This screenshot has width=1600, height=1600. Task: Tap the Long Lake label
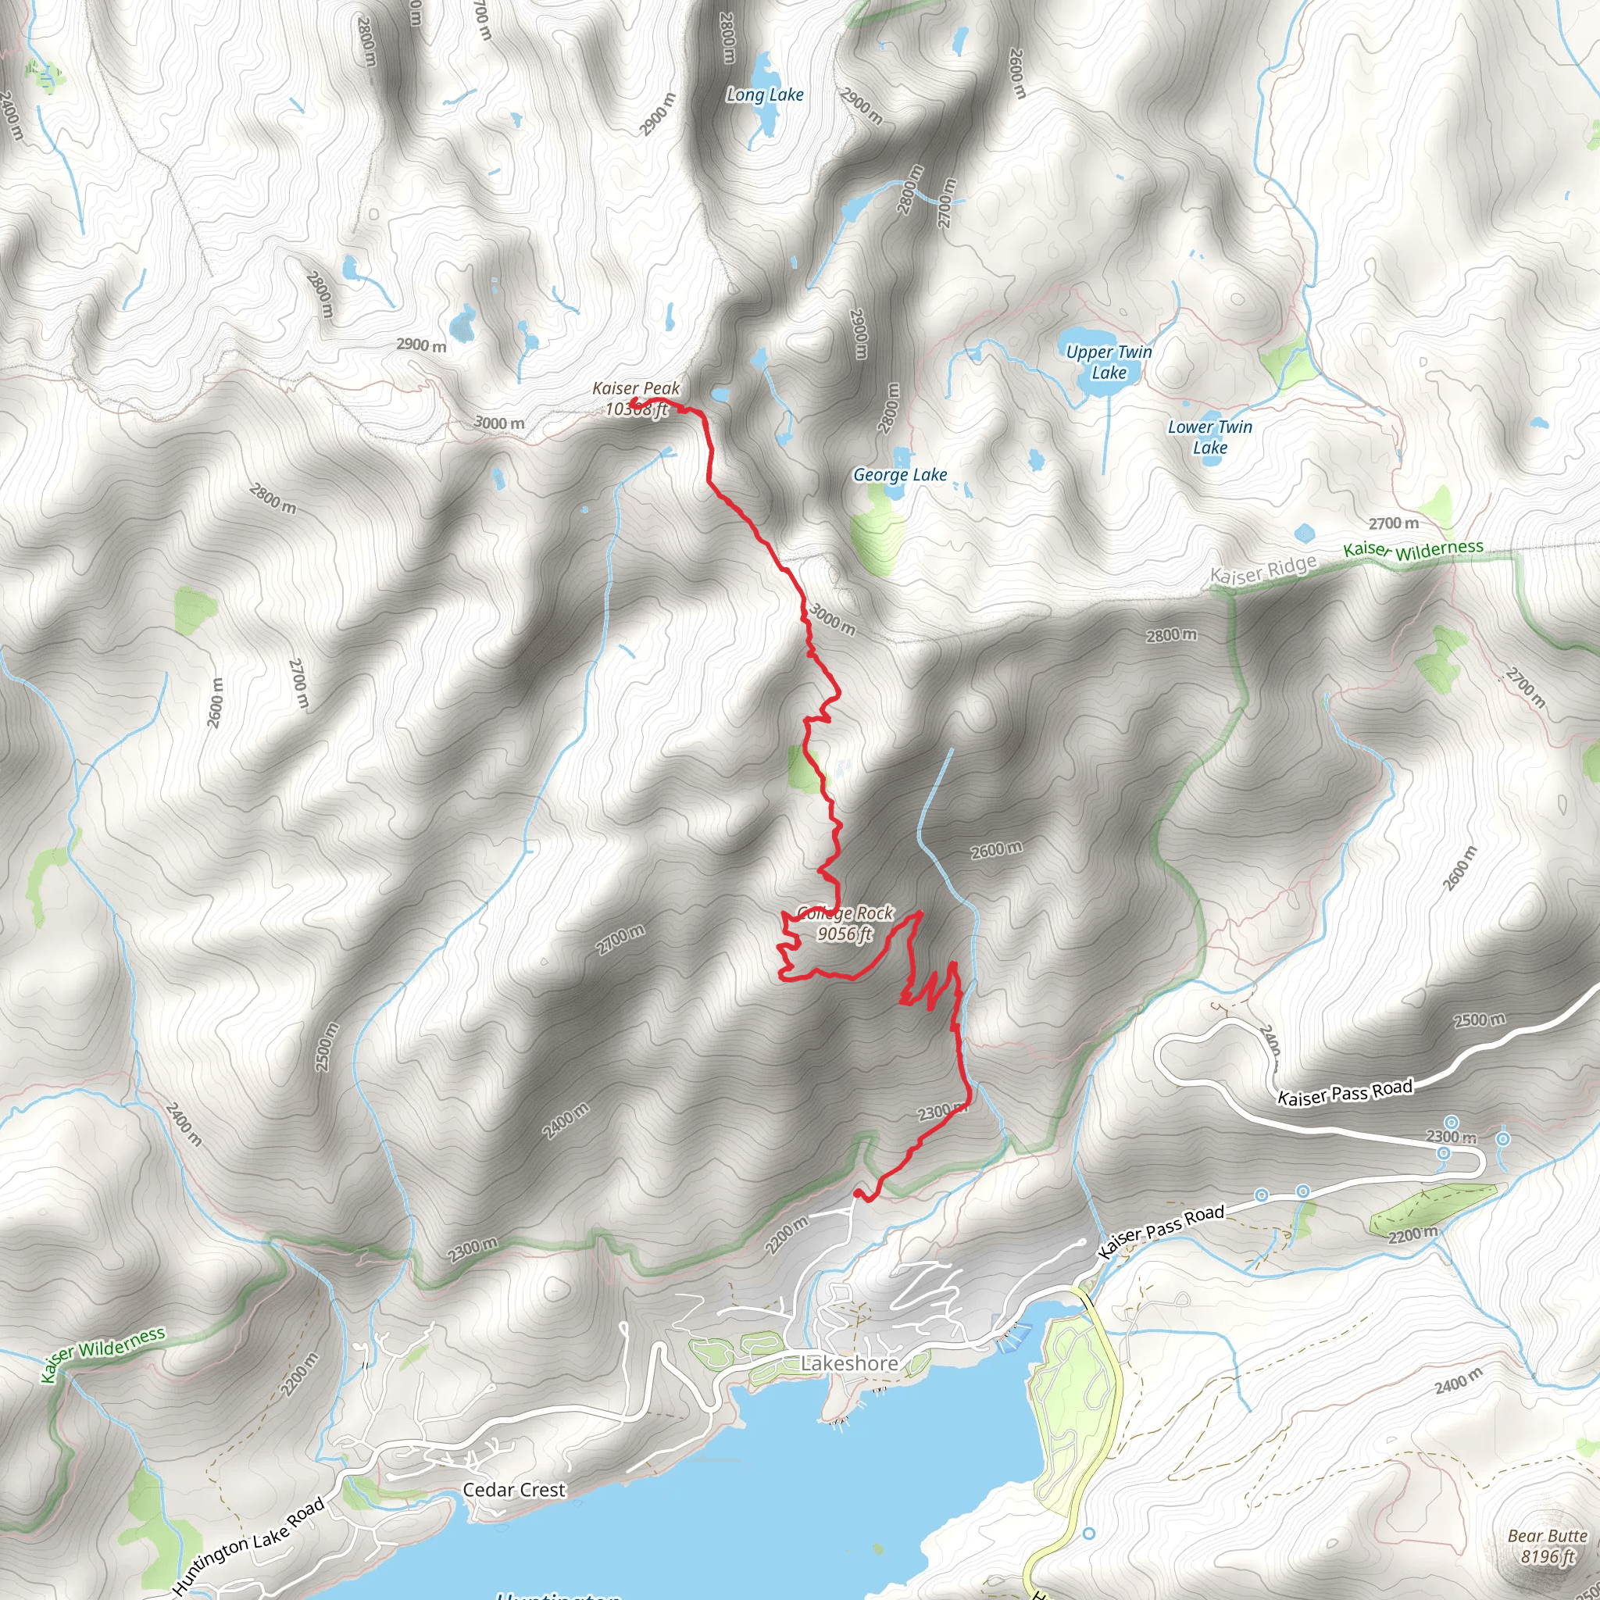coord(764,95)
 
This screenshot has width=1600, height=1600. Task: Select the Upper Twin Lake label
coord(1109,362)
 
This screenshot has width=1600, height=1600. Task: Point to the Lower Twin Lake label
coord(1210,437)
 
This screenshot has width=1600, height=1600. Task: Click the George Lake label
coord(900,474)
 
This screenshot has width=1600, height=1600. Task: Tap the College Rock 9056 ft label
coord(845,923)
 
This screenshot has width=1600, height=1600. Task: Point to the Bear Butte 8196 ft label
coord(1547,1546)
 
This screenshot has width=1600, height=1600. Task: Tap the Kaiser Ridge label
coord(1263,570)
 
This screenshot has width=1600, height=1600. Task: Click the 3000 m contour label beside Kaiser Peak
coord(499,423)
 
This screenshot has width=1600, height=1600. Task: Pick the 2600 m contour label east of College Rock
coord(996,850)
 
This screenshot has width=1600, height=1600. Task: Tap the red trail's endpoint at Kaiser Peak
coord(634,402)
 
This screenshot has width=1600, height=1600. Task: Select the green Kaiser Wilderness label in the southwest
coord(104,1355)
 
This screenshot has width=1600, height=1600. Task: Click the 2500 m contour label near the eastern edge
coord(1479,1020)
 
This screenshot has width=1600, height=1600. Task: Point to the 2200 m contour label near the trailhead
coord(786,1236)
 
